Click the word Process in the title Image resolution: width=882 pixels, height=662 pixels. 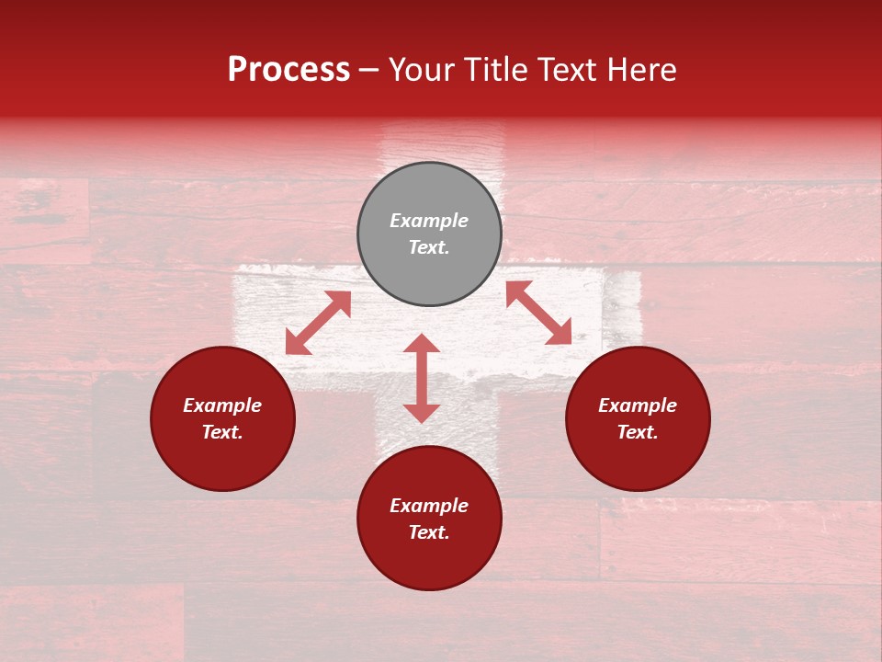click(288, 70)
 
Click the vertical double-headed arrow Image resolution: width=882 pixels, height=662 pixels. click(422, 378)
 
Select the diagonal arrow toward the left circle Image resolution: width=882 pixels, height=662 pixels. click(318, 323)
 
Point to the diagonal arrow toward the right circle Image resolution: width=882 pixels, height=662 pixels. click(539, 313)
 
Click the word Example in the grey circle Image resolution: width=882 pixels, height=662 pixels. click(429, 221)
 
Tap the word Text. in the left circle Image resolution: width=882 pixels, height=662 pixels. click(222, 432)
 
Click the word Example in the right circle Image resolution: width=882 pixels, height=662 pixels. click(638, 405)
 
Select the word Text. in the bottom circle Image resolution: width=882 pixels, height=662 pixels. click(429, 532)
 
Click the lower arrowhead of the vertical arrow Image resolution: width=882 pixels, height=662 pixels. click(422, 413)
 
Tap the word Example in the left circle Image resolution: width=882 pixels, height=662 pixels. click(222, 405)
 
